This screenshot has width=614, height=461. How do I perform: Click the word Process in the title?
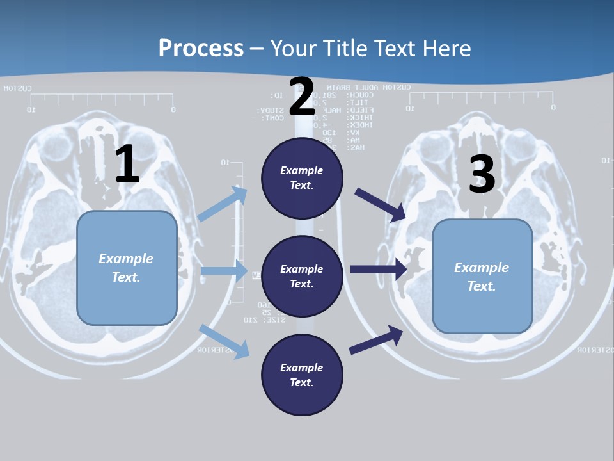click(x=201, y=49)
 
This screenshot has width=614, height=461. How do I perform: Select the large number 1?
click(x=127, y=165)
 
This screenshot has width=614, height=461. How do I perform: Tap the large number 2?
click(x=302, y=97)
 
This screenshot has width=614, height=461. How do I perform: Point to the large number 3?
click(x=482, y=174)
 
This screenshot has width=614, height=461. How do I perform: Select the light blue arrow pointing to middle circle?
click(x=224, y=271)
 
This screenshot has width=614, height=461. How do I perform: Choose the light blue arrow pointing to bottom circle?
click(x=224, y=341)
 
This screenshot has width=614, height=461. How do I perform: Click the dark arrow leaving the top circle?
click(x=380, y=204)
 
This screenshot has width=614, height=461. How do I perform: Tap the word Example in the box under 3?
click(x=482, y=268)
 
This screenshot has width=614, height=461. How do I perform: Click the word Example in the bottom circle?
click(x=301, y=368)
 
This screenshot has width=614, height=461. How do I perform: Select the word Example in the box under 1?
click(x=126, y=259)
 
